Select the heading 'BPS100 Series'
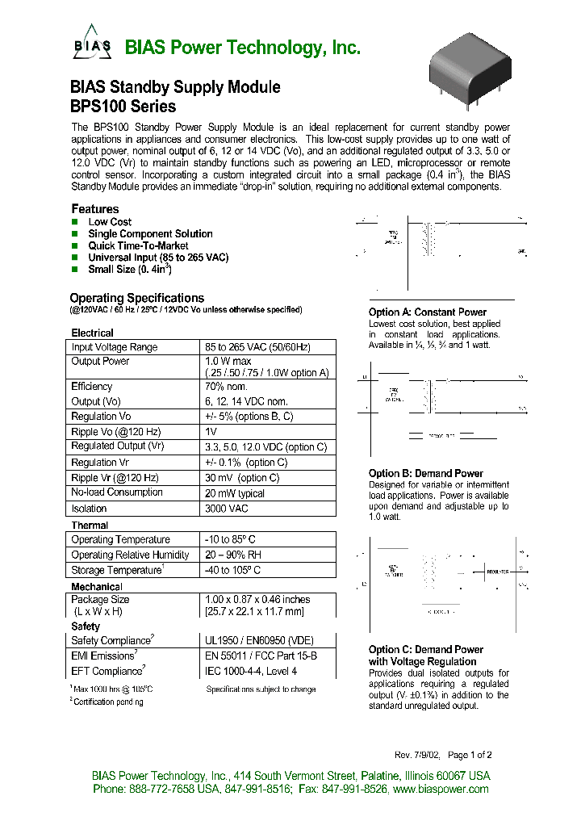[123, 106]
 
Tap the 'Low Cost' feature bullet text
[110, 222]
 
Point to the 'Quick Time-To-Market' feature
[138, 245]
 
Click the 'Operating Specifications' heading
[136, 298]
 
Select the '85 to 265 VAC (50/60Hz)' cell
[258, 347]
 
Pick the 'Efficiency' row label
[92, 387]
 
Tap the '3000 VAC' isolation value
[227, 509]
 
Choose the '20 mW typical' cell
[235, 492]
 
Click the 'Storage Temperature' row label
[118, 570]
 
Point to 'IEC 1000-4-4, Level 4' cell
[251, 671]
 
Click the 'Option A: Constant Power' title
[427, 312]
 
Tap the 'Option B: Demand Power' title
[425, 474]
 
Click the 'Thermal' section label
[90, 526]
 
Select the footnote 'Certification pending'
[108, 702]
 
